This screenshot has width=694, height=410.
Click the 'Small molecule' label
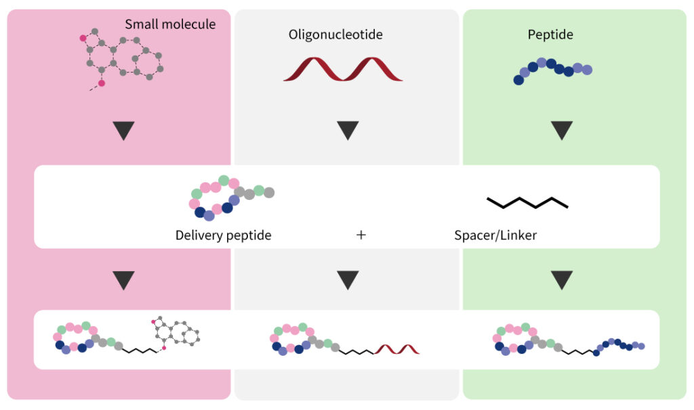click(x=170, y=24)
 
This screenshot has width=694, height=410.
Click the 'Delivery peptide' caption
click(x=223, y=235)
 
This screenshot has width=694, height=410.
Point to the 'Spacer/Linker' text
click(x=496, y=235)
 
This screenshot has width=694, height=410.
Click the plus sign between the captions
click(x=361, y=235)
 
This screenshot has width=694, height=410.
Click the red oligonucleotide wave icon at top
click(x=343, y=70)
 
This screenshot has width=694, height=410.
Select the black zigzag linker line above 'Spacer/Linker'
click(x=527, y=202)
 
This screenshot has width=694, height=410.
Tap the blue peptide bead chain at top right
click(x=552, y=70)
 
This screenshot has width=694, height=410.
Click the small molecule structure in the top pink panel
click(x=122, y=58)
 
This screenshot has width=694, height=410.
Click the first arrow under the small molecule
click(x=123, y=130)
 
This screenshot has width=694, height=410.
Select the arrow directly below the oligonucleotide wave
click(x=348, y=130)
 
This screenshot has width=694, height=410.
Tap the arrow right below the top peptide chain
click(x=562, y=130)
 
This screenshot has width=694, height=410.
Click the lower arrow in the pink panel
click(x=123, y=279)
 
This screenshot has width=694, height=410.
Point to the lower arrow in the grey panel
click(x=348, y=279)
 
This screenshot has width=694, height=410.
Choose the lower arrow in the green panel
click(x=562, y=279)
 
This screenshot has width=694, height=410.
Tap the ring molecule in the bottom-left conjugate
click(x=177, y=333)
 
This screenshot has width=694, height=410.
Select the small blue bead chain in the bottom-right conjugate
click(x=619, y=345)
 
